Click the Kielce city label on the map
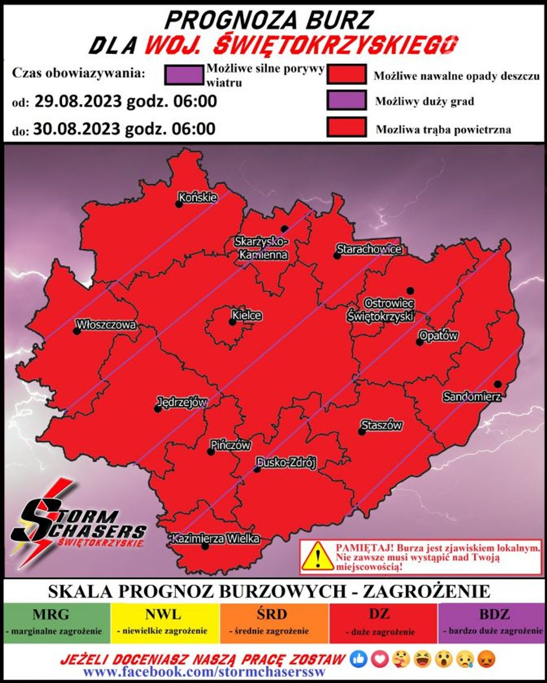tap(247, 315)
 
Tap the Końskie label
tap(198, 197)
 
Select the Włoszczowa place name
tap(106, 325)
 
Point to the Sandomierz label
tap(472, 397)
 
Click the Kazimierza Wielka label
tap(216, 539)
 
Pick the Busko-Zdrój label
tap(286, 463)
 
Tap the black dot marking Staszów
tap(362, 432)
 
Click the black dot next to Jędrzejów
tap(157, 409)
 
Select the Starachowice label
tap(369, 249)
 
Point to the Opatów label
tap(439, 336)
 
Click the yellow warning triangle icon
tap(318, 557)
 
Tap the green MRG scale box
tap(57, 623)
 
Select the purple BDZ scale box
tap(492, 623)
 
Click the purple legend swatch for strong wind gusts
tap(184, 75)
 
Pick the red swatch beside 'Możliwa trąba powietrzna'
tap(346, 128)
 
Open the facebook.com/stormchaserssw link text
tap(204, 671)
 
